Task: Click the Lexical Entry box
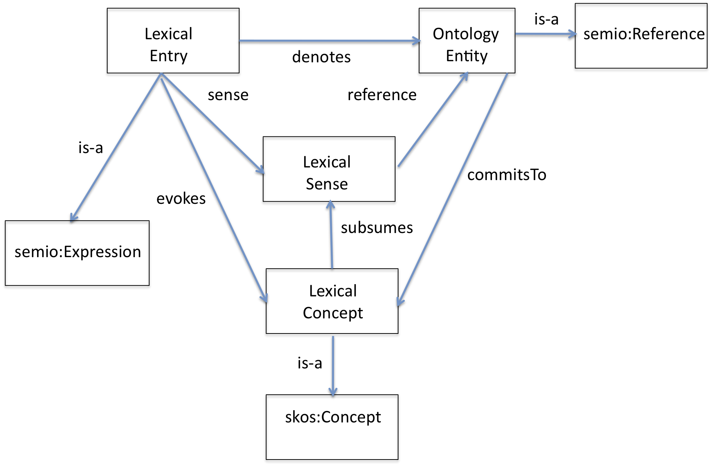(x=173, y=41)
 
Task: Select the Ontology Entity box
(x=467, y=41)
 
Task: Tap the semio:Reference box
(x=641, y=36)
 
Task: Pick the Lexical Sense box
(x=329, y=169)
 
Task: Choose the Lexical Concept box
(x=332, y=301)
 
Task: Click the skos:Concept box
(x=332, y=427)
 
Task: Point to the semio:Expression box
(x=77, y=253)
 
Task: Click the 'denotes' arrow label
(x=321, y=57)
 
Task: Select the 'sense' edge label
(x=228, y=95)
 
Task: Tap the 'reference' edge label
(x=382, y=95)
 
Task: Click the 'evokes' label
(x=181, y=198)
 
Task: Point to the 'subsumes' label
(x=377, y=228)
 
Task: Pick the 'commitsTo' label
(x=507, y=175)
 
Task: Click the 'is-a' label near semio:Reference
(x=546, y=19)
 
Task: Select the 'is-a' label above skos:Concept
(x=309, y=363)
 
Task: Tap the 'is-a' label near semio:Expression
(x=91, y=148)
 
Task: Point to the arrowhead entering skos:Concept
(x=333, y=392)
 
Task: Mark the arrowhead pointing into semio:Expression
(x=73, y=217)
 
